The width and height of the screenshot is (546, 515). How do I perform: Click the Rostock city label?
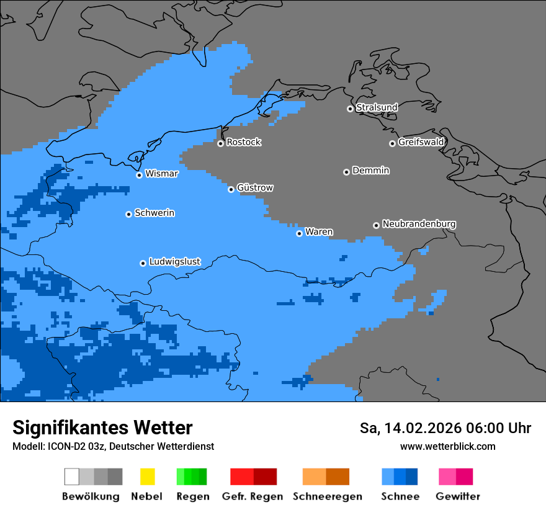click(243, 142)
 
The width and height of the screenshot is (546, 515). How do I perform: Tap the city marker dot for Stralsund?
click(350, 109)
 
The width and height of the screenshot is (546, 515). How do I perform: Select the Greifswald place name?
click(421, 142)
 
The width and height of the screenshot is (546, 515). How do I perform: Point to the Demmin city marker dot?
click(346, 172)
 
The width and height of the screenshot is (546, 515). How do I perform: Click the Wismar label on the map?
click(161, 174)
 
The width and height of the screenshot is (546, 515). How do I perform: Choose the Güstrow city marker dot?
click(231, 189)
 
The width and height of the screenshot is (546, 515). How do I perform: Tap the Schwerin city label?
click(154, 213)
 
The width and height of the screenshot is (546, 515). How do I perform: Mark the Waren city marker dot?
click(299, 233)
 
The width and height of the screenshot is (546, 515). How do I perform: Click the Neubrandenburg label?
click(419, 224)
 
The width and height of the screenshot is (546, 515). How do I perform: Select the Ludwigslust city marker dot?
click(143, 263)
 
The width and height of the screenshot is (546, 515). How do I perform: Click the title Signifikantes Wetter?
click(102, 428)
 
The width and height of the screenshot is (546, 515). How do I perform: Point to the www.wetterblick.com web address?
click(447, 447)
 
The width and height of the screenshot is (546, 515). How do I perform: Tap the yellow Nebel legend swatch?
click(147, 477)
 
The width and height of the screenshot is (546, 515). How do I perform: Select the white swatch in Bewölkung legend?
click(71, 477)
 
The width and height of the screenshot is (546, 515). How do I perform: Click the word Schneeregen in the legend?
click(327, 496)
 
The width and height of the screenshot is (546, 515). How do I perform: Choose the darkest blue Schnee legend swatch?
click(411, 477)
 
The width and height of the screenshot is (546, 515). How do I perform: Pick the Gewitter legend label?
click(458, 496)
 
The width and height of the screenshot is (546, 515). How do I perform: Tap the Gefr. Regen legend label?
click(253, 496)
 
